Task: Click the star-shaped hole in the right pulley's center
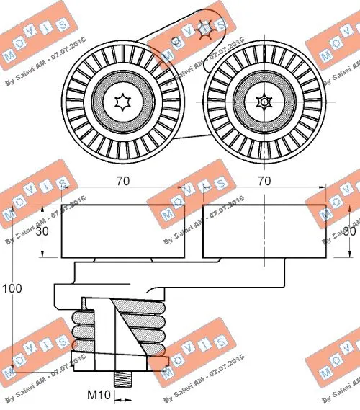click(x=265, y=102)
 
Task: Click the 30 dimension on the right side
click(x=349, y=231)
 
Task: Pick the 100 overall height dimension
click(x=12, y=288)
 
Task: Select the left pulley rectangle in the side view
click(x=122, y=231)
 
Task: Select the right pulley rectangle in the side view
click(x=264, y=231)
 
